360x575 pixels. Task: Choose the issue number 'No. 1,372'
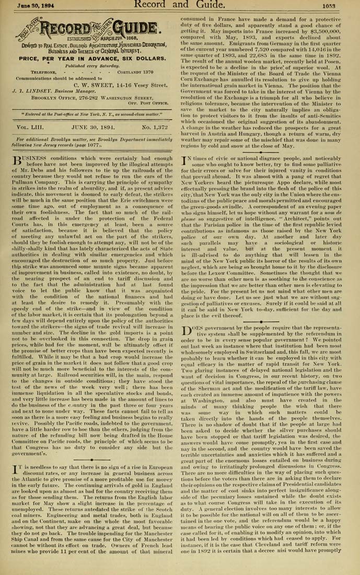pyautogui.click(x=152, y=128)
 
